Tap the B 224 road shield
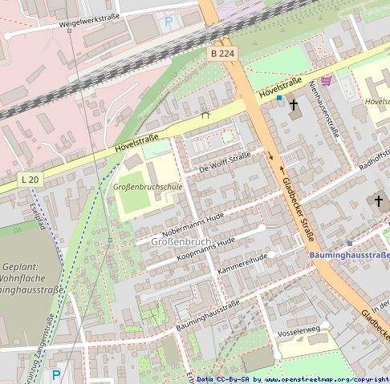pyautogui.click(x=225, y=53)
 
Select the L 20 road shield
pyautogui.click(x=30, y=179)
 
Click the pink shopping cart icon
pyautogui.click(x=326, y=81)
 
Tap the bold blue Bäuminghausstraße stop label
pyautogui.click(x=349, y=256)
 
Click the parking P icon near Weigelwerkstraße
pyautogui.click(x=168, y=22)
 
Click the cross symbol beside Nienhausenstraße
pyautogui.click(x=294, y=105)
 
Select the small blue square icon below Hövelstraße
pyautogui.click(x=278, y=98)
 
